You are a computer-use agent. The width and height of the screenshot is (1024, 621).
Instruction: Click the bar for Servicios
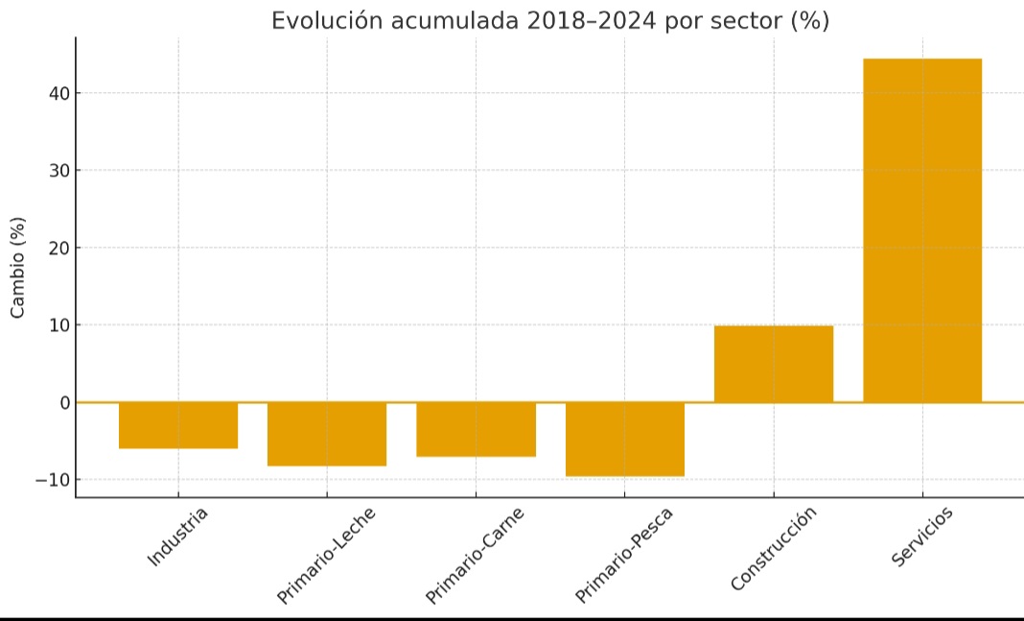point(922,230)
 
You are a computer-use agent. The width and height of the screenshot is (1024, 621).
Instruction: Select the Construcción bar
point(774,364)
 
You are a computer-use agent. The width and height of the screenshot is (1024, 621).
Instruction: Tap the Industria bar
point(178,425)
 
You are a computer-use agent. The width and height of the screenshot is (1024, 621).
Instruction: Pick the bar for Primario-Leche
point(327,434)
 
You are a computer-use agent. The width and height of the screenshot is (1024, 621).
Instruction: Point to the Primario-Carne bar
point(476,429)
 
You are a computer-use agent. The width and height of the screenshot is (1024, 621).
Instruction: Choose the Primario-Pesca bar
point(625,439)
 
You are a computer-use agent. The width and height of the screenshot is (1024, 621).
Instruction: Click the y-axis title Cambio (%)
point(17,268)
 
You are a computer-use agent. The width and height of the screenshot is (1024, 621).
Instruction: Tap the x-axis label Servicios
point(923,537)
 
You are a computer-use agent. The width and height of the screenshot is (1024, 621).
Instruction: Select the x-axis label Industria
point(178,537)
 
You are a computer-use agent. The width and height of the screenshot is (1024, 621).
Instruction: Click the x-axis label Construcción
point(774,549)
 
